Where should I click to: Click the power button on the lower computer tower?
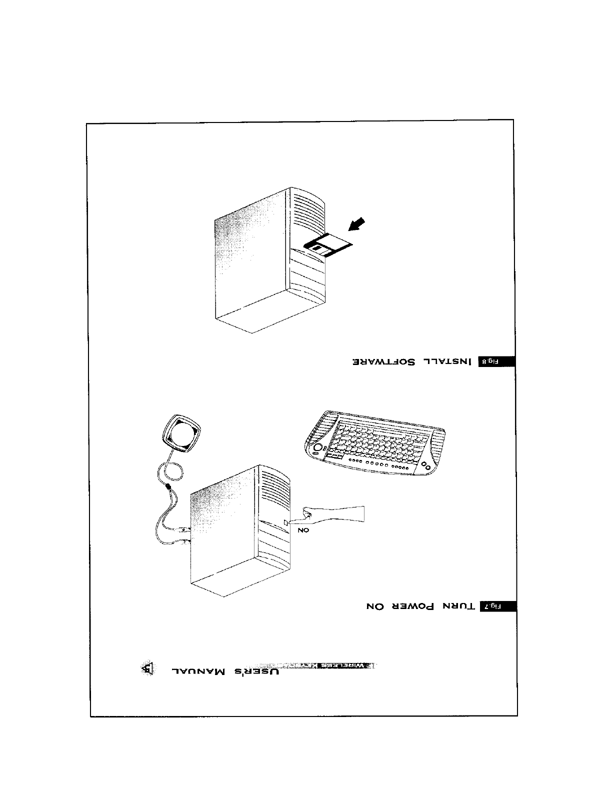285,522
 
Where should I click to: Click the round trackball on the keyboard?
317,446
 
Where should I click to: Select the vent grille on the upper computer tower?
308,212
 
